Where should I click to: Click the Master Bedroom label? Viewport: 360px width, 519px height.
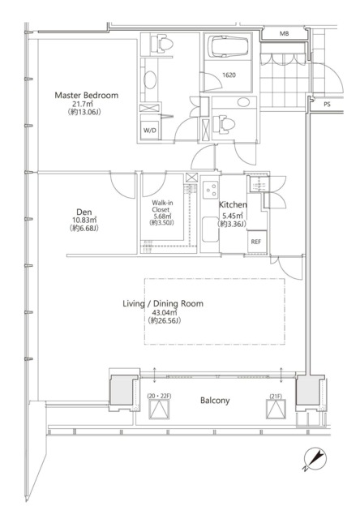coord(87,96)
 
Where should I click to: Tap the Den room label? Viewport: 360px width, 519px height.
coord(84,212)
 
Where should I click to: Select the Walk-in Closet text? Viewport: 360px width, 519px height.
coord(162,206)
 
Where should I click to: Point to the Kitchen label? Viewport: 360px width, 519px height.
coord(233,205)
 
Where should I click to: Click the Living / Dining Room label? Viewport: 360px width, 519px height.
coord(163,303)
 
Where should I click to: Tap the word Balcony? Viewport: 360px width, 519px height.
coord(215,401)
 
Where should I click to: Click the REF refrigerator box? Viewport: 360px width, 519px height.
coord(256,242)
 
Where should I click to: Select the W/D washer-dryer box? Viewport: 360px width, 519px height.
coord(150,130)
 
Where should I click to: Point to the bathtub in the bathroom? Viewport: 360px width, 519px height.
coord(229,46)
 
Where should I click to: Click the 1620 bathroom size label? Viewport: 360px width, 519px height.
coord(229,75)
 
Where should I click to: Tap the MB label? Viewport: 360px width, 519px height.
coord(285,33)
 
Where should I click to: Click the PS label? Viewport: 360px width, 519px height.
coord(327,105)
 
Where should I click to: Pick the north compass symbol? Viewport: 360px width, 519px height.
coord(315,459)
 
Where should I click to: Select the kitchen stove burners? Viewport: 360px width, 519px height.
coord(211,190)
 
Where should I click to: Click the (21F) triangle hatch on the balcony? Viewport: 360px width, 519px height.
coord(276,409)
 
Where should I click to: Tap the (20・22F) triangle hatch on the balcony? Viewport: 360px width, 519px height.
coord(160,410)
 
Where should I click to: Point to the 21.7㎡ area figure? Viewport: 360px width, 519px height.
coord(83,104)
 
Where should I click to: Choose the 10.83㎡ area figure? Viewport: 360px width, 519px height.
coord(84,220)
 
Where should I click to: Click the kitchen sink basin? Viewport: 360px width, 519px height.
coord(210,229)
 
